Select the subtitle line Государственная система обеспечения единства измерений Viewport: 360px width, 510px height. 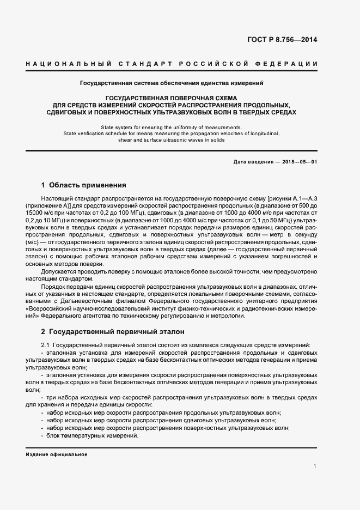172,83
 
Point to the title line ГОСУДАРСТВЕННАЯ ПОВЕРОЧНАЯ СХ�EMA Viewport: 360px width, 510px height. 172,98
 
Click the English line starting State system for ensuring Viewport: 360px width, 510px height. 172,127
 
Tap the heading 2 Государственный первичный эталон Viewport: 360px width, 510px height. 113,331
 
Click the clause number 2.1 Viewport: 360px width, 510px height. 46,345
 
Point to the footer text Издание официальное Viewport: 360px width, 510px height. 56,454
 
